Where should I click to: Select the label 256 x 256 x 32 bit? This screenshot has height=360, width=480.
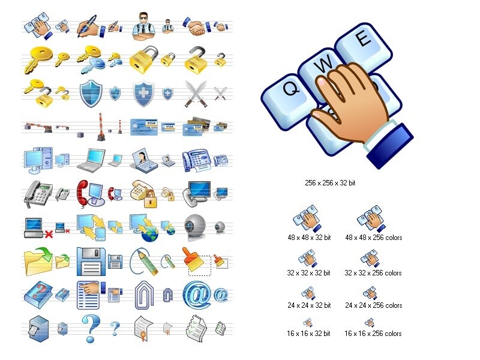pyautogui.click(x=331, y=182)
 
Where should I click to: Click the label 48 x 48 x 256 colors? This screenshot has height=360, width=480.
pyautogui.click(x=373, y=238)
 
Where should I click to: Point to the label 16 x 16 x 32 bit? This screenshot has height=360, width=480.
pyautogui.click(x=309, y=333)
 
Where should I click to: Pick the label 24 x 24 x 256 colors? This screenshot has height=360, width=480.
pyautogui.click(x=373, y=305)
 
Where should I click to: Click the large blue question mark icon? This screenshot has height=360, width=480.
pyautogui.click(x=90, y=328)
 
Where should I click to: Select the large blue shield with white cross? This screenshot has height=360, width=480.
pyautogui.click(x=143, y=93)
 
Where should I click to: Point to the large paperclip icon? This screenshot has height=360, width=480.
pyautogui.click(x=144, y=293)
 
